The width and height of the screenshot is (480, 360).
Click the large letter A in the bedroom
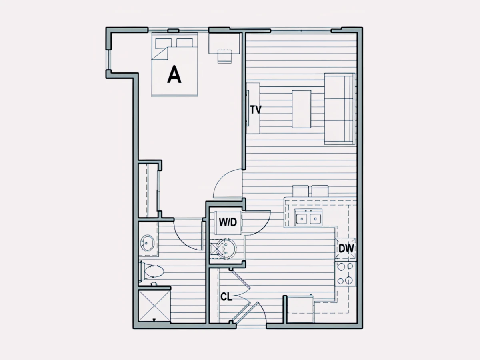click(174, 74)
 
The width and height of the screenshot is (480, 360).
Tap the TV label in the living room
click(256, 110)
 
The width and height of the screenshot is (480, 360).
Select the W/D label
click(228, 222)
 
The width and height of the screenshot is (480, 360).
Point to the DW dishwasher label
click(346, 248)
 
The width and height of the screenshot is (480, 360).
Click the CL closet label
click(226, 297)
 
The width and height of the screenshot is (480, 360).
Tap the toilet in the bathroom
click(152, 272)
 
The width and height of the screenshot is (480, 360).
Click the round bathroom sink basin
click(147, 243)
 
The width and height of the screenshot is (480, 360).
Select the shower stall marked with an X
click(154, 306)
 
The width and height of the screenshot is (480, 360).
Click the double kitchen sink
click(308, 218)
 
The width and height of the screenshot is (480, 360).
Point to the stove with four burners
click(345, 274)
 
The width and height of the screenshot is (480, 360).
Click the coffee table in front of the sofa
click(302, 109)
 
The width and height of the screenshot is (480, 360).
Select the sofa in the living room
click(340, 109)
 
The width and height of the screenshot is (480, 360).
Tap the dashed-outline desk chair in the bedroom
click(224, 56)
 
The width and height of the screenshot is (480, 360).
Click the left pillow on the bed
click(163, 43)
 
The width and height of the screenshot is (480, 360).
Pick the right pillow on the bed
click(184, 43)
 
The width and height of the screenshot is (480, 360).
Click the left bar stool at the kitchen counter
click(301, 191)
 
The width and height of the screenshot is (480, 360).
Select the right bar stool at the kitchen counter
click(320, 191)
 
